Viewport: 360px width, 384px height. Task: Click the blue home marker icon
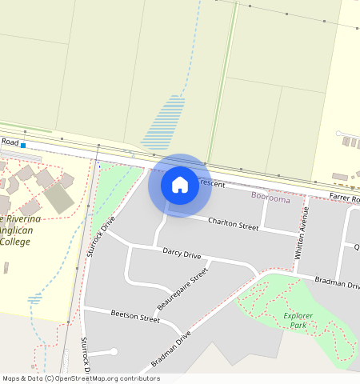pyautogui.click(x=180, y=185)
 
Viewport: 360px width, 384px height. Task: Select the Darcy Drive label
pyautogui.click(x=182, y=254)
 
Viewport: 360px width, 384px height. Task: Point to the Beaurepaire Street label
pyautogui.click(x=183, y=289)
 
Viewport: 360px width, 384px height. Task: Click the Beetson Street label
pyautogui.click(x=135, y=317)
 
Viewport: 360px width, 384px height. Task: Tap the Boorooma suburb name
pyautogui.click(x=270, y=196)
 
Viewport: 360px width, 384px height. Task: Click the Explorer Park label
pyautogui.click(x=306, y=320)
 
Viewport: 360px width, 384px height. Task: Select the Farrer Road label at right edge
pyautogui.click(x=343, y=198)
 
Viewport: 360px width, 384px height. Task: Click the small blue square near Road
pyautogui.click(x=23, y=146)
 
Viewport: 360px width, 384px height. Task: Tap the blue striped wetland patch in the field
pyautogui.click(x=163, y=122)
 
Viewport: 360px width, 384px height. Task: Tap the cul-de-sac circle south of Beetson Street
pyautogui.click(x=114, y=351)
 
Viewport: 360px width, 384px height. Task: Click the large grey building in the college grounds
pyautogui.click(x=58, y=198)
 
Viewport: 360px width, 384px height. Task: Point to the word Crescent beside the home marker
pyautogui.click(x=212, y=183)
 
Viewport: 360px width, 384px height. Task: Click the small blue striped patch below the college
pyautogui.click(x=34, y=298)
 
